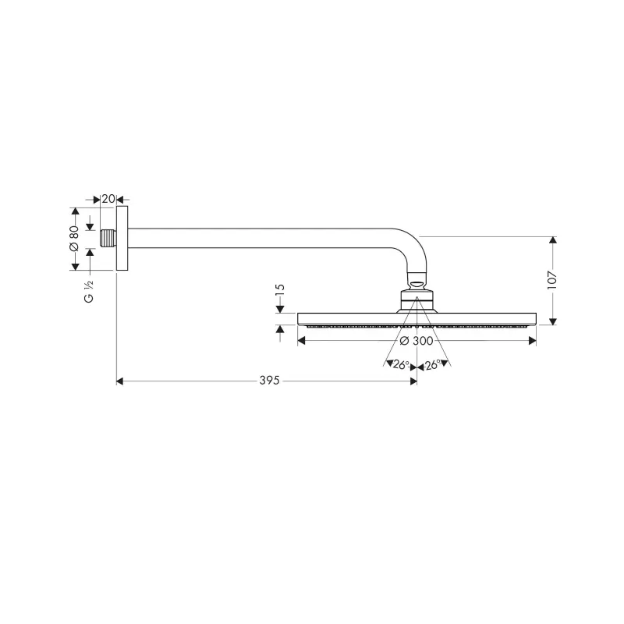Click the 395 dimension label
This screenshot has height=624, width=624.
pos(270,381)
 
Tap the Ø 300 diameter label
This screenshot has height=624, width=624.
pos(417,341)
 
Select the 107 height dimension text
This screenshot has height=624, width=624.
pos(552,280)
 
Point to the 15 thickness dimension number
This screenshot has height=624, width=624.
pos(280,289)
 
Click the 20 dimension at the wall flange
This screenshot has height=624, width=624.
pos(108,199)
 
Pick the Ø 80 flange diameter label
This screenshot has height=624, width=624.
pos(74,238)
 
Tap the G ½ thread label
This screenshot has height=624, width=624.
pos(89,291)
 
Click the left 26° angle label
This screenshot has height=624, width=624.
pos(401,364)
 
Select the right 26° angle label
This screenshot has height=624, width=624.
pos(433,364)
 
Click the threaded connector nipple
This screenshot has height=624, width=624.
pos(108,239)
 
